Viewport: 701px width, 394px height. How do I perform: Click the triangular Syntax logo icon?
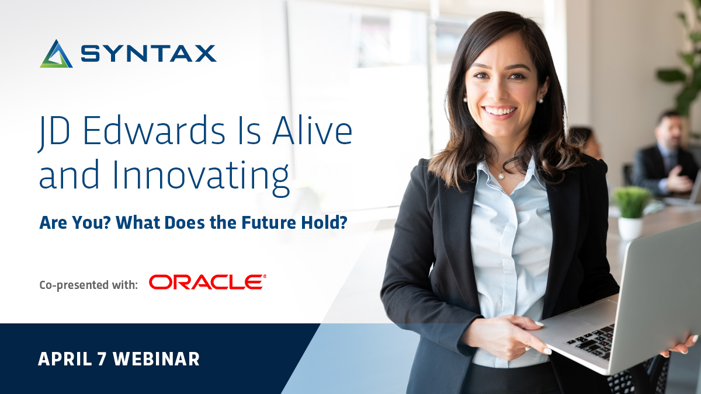click(x=56, y=54)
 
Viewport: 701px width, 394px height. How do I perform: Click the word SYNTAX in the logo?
click(x=148, y=54)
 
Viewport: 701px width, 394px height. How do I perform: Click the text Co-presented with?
click(x=89, y=285)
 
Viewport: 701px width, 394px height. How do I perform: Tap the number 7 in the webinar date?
click(x=102, y=359)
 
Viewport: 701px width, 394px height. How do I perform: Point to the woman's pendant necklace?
click(x=500, y=175)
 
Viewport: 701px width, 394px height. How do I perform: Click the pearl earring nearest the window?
click(x=466, y=100)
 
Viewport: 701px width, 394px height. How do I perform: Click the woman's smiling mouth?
click(x=500, y=110)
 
